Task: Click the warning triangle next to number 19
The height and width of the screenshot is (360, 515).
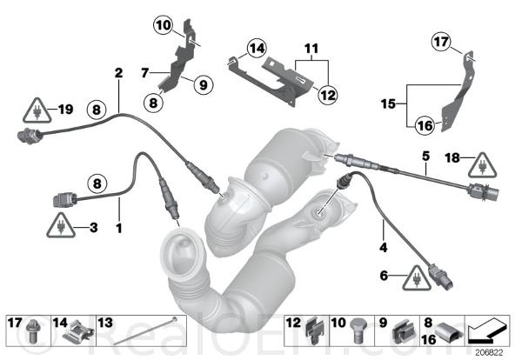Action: point(37,111)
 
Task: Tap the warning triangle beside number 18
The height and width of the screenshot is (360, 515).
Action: point(483,166)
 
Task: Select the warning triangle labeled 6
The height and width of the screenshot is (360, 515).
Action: point(417,278)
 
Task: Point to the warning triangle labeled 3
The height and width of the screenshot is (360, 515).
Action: point(61,226)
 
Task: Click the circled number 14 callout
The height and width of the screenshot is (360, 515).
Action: point(257,48)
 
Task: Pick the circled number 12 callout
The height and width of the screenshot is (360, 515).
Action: point(327,95)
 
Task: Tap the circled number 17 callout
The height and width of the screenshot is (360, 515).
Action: point(441,42)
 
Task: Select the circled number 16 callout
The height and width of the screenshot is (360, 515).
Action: point(425,125)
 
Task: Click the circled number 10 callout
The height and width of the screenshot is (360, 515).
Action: point(164,25)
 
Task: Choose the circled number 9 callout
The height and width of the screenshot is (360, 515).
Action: point(204,85)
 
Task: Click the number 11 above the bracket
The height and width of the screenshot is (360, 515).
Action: point(311,49)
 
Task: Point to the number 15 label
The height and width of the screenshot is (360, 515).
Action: point(388,104)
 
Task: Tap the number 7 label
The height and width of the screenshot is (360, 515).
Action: point(144,72)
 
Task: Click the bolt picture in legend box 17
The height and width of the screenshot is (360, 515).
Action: point(32,331)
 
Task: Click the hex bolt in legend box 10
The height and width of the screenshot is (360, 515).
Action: point(358,330)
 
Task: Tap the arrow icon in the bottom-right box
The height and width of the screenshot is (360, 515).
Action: point(488,330)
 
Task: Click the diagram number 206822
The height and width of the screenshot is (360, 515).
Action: point(490,353)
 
